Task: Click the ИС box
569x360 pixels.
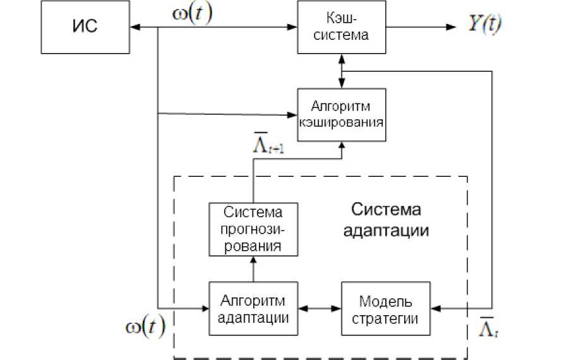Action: pyautogui.click(x=85, y=28)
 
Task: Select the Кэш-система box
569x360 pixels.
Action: pyautogui.click(x=342, y=27)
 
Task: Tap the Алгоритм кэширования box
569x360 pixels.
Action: pyautogui.click(x=342, y=114)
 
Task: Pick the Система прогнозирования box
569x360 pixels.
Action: pyautogui.click(x=253, y=228)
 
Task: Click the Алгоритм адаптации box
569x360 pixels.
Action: pyautogui.click(x=253, y=308)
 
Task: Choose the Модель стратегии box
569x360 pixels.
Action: pyautogui.click(x=385, y=308)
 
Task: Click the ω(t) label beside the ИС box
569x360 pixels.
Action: pyautogui.click(x=192, y=15)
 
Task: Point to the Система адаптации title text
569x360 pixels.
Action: pyautogui.click(x=386, y=220)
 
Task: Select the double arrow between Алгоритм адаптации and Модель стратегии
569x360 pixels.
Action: pyautogui.click(x=319, y=308)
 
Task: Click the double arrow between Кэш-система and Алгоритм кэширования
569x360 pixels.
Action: pyautogui.click(x=342, y=71)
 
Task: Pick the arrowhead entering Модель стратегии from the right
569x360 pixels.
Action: pyautogui.click(x=435, y=308)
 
